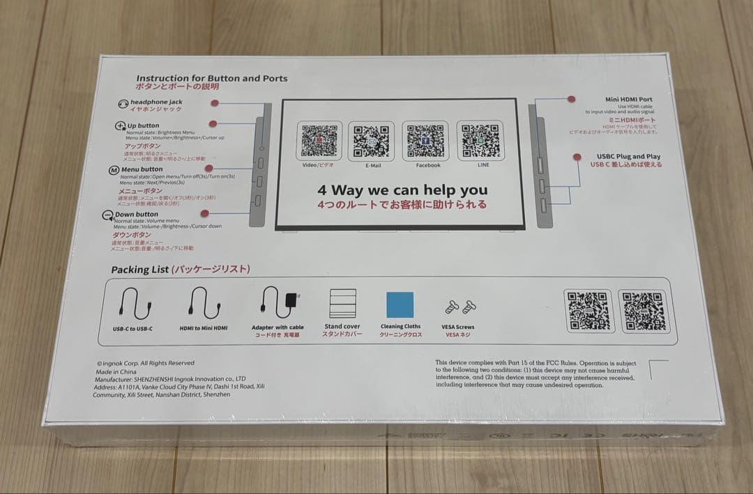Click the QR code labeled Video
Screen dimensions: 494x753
click(319, 141)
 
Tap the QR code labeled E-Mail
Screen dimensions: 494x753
click(371, 141)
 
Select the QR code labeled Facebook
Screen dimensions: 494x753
click(425, 141)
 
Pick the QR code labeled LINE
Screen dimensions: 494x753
click(480, 141)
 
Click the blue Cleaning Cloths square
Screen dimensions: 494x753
click(400, 304)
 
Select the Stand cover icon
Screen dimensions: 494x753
click(342, 304)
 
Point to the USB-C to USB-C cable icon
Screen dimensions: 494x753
click(132, 304)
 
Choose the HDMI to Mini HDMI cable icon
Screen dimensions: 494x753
click(204, 304)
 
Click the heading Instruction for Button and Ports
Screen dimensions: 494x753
click(211, 79)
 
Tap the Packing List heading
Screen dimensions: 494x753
click(181, 270)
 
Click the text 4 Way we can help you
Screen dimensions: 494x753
click(402, 190)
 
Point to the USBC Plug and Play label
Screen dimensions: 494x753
click(628, 157)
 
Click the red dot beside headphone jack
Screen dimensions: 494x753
click(215, 103)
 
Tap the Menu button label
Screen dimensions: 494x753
click(142, 169)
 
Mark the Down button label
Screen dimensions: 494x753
click(137, 214)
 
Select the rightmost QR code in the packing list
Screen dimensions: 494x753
click(643, 311)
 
